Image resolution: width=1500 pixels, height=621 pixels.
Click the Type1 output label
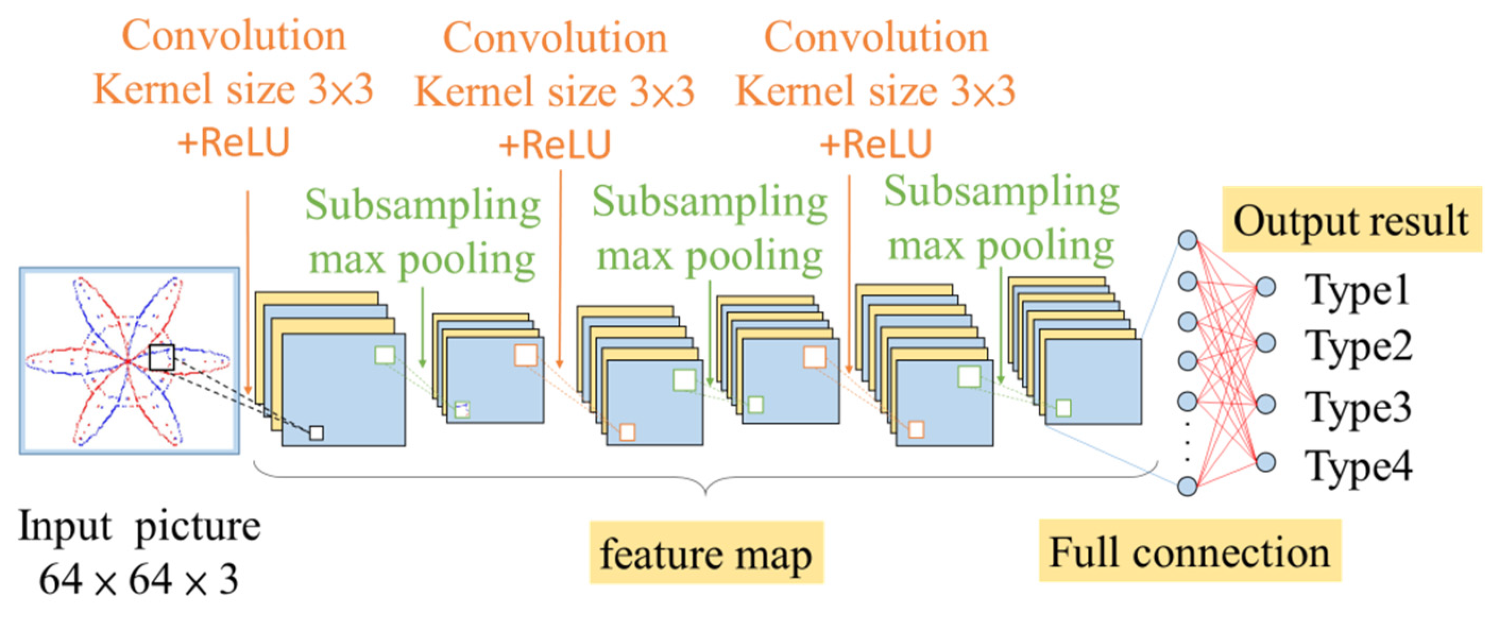pyautogui.click(x=1357, y=289)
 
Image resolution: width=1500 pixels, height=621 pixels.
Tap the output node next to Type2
pyautogui.click(x=1265, y=343)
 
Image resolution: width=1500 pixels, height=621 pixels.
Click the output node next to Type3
pyautogui.click(x=1265, y=404)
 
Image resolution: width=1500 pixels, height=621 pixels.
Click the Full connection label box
pyautogui.click(x=1189, y=551)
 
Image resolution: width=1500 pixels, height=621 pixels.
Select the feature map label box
pyautogui.click(x=706, y=553)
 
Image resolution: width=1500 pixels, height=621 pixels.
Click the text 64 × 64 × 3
pyautogui.click(x=139, y=580)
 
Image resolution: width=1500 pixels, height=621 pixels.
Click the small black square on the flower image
pyautogui.click(x=161, y=357)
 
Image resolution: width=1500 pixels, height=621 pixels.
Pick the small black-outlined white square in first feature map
pyautogui.click(x=316, y=433)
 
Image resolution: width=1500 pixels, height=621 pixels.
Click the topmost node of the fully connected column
pyautogui.click(x=1187, y=240)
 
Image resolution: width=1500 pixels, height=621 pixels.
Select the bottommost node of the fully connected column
pyautogui.click(x=1187, y=486)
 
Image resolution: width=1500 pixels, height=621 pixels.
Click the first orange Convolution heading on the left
pyautogui.click(x=234, y=36)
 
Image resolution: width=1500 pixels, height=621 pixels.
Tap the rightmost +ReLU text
pyautogui.click(x=875, y=144)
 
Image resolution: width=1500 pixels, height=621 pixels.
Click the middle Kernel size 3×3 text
pyautogui.click(x=554, y=91)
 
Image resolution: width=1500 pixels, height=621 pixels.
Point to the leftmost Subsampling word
pyautogui.click(x=423, y=205)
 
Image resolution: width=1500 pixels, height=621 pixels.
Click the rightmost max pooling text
pyautogui.click(x=1000, y=246)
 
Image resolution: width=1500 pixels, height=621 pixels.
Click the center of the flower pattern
pyautogui.click(x=128, y=361)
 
